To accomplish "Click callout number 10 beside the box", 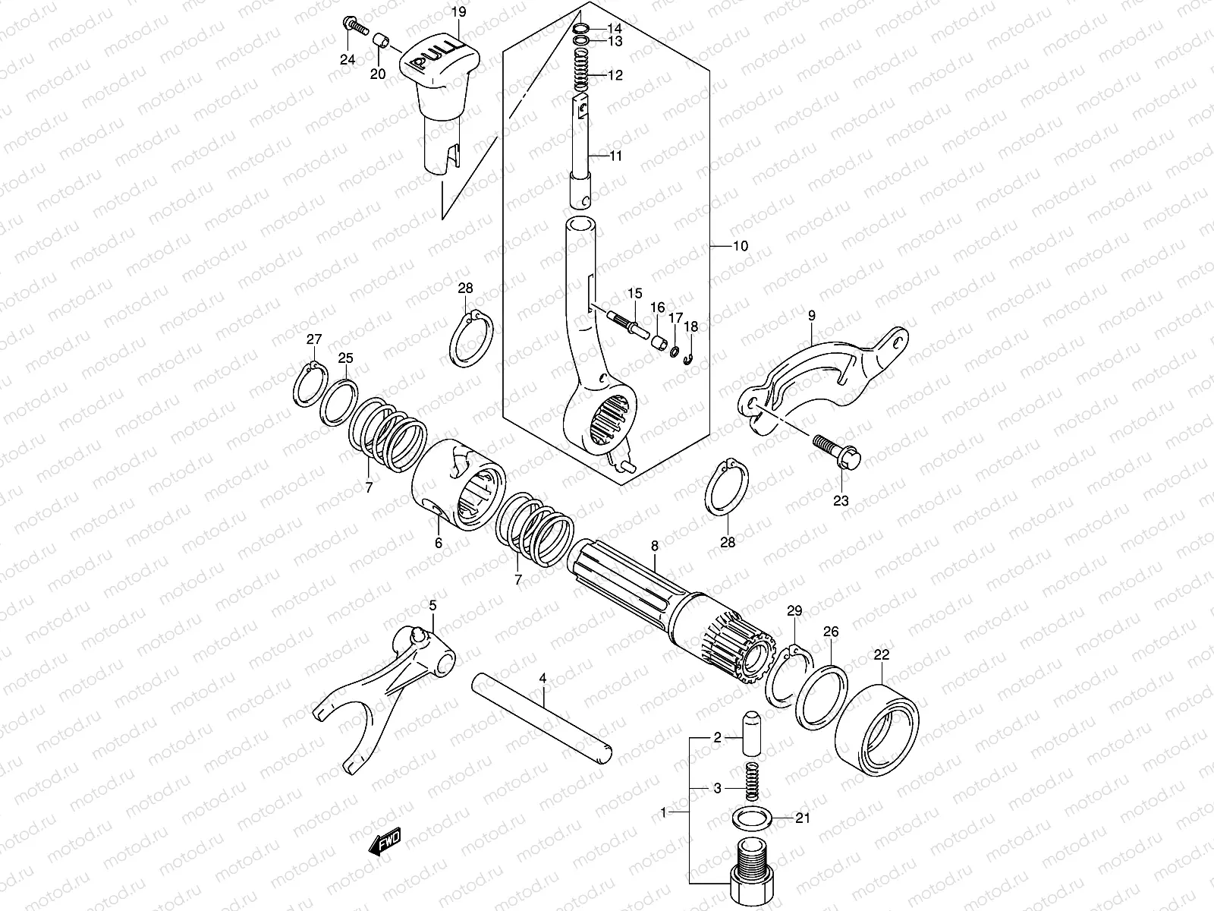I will [x=740, y=246].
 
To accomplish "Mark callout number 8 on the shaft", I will [x=654, y=545].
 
